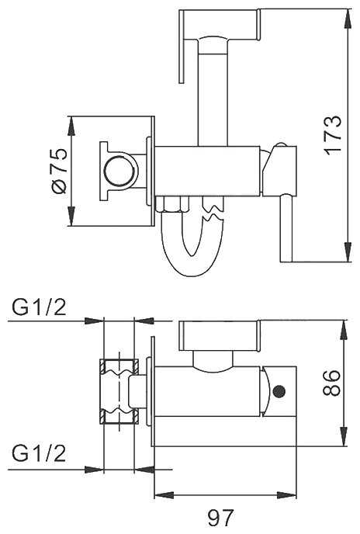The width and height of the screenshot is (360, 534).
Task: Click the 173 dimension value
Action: click(x=333, y=136)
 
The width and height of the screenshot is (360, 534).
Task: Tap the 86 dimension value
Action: click(x=331, y=383)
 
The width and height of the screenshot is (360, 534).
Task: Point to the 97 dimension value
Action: click(x=221, y=518)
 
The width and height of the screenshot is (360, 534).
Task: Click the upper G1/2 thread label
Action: click(x=39, y=307)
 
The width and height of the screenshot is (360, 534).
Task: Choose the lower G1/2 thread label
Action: click(x=39, y=453)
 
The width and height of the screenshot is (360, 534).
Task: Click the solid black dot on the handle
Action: click(x=279, y=391)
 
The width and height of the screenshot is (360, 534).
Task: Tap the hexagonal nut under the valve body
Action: click(x=172, y=204)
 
